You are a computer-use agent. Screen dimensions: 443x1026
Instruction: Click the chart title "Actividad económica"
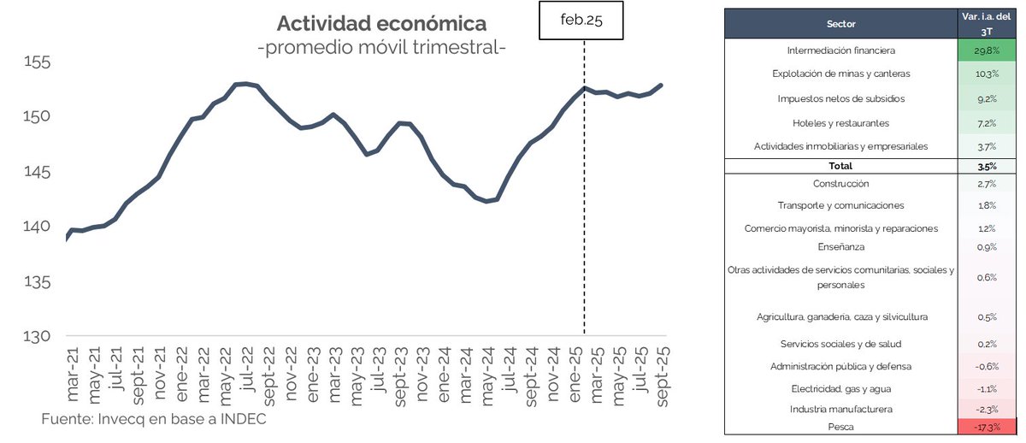pos(381,23)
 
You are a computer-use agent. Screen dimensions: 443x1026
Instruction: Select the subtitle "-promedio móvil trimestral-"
pos(381,48)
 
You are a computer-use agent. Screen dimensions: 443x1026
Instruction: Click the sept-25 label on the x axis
pos(661,377)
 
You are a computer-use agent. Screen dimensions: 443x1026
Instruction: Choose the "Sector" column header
pos(841,23)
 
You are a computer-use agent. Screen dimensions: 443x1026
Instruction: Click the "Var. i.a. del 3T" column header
pos(988,23)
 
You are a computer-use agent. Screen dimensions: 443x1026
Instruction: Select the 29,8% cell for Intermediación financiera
pos(988,50)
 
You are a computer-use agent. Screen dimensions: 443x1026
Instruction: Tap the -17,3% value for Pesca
pos(988,425)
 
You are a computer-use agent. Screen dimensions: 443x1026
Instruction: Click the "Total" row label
pos(841,166)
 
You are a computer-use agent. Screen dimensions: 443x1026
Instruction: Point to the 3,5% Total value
pos(988,166)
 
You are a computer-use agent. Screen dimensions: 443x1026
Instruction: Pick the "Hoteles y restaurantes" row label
pos(841,123)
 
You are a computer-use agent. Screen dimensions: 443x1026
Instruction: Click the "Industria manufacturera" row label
pos(841,409)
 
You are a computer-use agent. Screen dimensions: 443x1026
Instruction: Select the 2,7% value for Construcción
pos(988,183)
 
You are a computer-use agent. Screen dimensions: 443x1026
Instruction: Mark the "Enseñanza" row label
pos(841,247)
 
